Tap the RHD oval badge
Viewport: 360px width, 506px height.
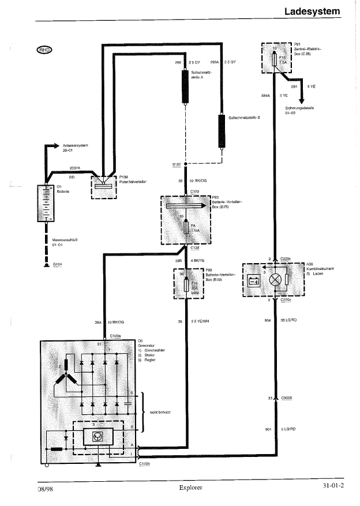[44, 50]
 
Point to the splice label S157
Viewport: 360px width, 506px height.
[177, 164]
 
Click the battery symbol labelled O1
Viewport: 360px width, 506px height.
[45, 204]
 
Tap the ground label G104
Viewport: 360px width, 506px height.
[57, 264]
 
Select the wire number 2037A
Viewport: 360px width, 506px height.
[75, 168]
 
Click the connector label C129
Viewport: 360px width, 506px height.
[194, 190]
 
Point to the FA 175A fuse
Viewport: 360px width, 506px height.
[186, 227]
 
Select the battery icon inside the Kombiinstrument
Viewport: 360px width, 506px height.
[253, 282]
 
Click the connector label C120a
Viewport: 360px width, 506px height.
[115, 335]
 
